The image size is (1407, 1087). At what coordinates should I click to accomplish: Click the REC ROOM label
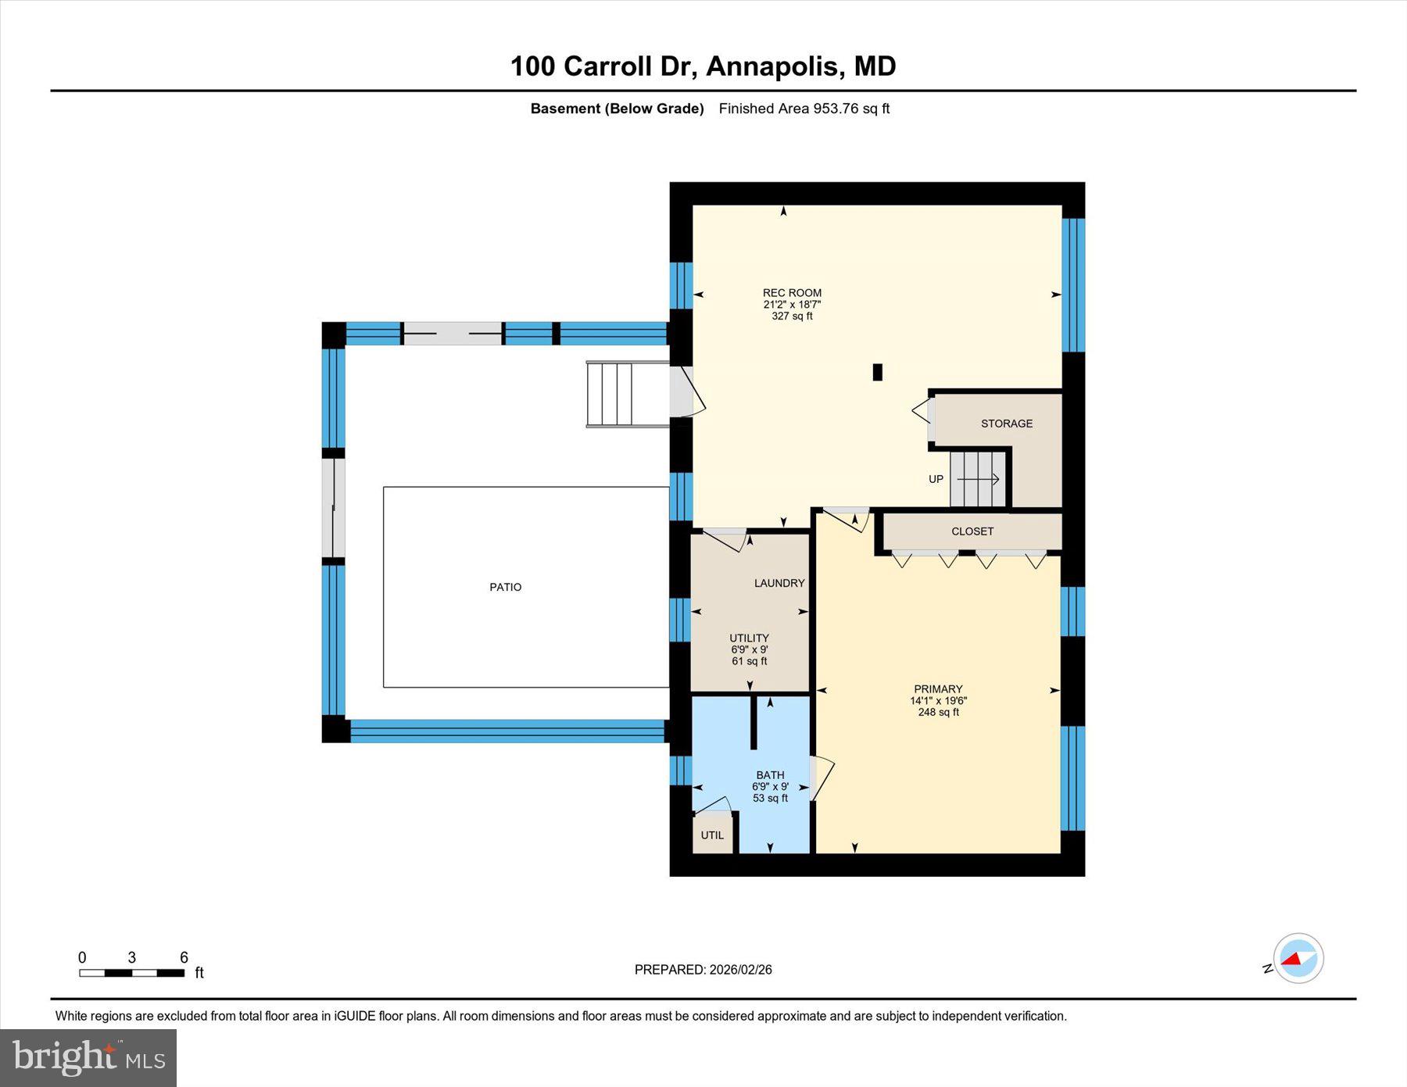click(792, 293)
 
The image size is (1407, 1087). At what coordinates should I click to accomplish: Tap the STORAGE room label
click(1007, 424)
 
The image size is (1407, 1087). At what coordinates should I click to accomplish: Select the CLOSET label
click(972, 531)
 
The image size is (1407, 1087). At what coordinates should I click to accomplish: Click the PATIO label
click(506, 587)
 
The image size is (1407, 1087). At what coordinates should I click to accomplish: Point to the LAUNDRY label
click(779, 583)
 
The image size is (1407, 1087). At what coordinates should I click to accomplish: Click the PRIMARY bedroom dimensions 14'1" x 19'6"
click(938, 701)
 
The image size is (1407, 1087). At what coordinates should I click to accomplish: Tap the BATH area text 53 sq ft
click(770, 799)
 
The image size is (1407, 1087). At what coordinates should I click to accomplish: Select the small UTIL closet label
click(712, 835)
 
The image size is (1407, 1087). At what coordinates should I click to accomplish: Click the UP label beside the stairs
click(936, 479)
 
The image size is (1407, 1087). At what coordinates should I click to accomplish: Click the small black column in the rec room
click(877, 373)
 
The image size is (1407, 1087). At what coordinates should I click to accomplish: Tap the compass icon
click(1298, 958)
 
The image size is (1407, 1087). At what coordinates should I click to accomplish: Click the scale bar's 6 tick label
click(184, 957)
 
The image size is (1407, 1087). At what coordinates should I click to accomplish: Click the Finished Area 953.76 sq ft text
click(804, 109)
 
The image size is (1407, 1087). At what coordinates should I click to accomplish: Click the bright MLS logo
click(88, 1058)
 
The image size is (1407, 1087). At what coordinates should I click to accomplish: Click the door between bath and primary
click(819, 778)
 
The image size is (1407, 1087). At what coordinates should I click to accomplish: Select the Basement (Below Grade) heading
click(617, 109)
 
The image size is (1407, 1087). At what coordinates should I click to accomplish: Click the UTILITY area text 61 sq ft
click(749, 661)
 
